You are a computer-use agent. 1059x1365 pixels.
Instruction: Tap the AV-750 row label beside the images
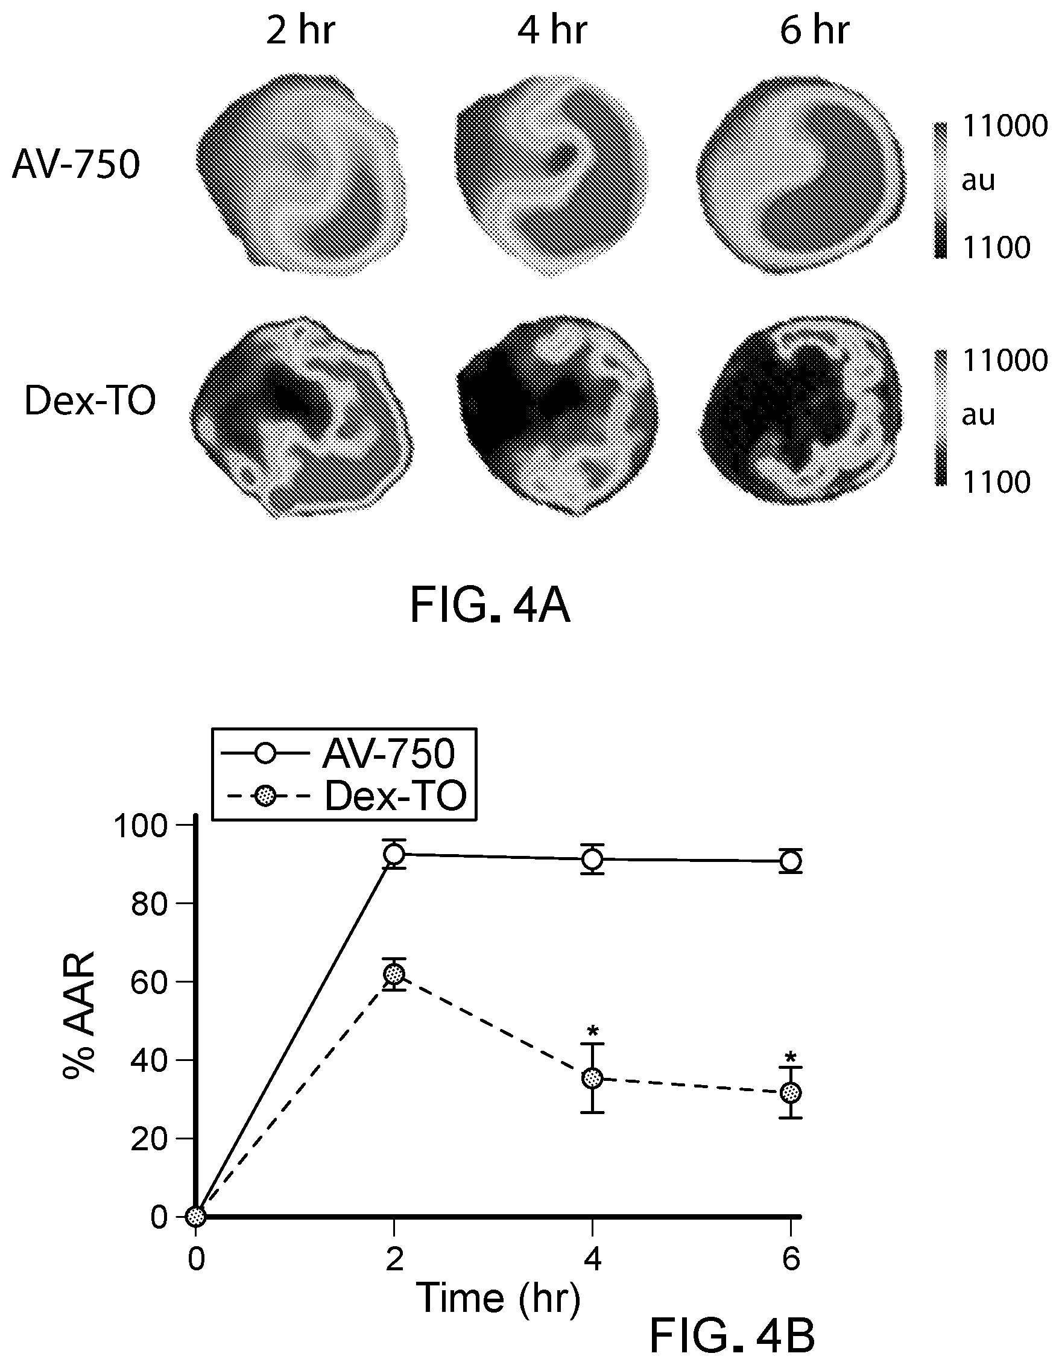coord(75,165)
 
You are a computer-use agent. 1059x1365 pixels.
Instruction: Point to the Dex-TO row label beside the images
coord(90,401)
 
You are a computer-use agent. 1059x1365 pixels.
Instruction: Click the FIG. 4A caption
coord(490,606)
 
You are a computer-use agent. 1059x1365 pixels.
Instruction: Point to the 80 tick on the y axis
coord(151,904)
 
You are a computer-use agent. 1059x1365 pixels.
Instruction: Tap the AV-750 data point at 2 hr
coord(394,854)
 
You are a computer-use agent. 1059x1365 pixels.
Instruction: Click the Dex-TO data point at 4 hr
coord(592,1078)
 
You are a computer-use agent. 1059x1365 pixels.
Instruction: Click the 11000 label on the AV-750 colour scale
coord(1005,126)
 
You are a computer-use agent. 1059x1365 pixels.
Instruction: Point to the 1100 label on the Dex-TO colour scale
coord(996,482)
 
